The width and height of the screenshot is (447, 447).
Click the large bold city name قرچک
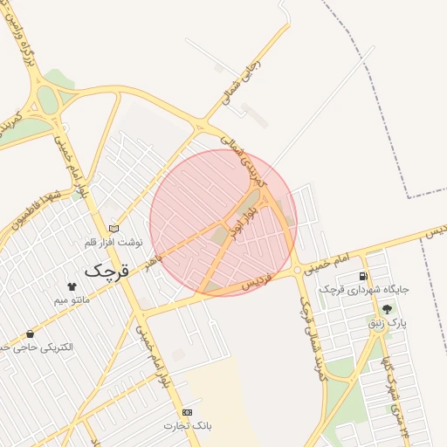click(107, 271)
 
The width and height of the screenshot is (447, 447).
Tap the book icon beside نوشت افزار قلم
click(113, 229)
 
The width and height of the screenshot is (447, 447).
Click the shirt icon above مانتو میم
click(72, 286)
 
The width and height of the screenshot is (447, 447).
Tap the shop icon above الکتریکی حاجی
click(31, 334)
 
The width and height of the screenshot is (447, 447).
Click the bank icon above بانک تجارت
click(187, 411)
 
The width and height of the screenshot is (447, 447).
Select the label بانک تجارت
click(187, 425)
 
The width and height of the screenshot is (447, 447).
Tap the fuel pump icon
click(362, 277)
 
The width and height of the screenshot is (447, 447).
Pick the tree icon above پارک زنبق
click(387, 309)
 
